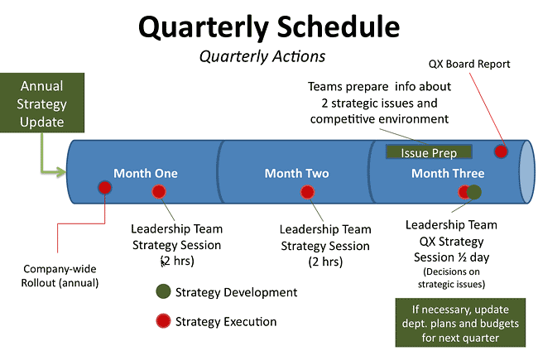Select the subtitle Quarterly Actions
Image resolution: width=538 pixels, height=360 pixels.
click(x=262, y=57)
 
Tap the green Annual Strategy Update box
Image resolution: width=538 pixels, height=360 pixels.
click(x=41, y=104)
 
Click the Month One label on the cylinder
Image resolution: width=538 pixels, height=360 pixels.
click(x=146, y=173)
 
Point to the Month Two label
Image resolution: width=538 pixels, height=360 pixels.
click(x=296, y=173)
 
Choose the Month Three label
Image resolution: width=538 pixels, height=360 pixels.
click(x=448, y=173)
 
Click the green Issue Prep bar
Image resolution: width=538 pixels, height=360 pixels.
click(x=429, y=153)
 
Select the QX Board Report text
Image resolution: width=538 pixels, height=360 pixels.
click(x=469, y=64)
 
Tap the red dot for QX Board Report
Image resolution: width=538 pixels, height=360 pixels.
click(x=501, y=151)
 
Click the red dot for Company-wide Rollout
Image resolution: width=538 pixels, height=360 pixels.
click(x=105, y=188)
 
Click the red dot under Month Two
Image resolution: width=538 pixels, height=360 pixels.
click(x=307, y=192)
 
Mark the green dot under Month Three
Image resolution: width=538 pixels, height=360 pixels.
click(x=474, y=192)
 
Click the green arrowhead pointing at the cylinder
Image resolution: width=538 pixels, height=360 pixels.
click(x=60, y=172)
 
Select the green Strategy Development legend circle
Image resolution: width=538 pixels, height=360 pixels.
click(x=163, y=291)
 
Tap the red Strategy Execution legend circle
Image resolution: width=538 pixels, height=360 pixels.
click(x=163, y=320)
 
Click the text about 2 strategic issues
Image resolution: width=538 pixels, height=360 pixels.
click(x=379, y=103)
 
